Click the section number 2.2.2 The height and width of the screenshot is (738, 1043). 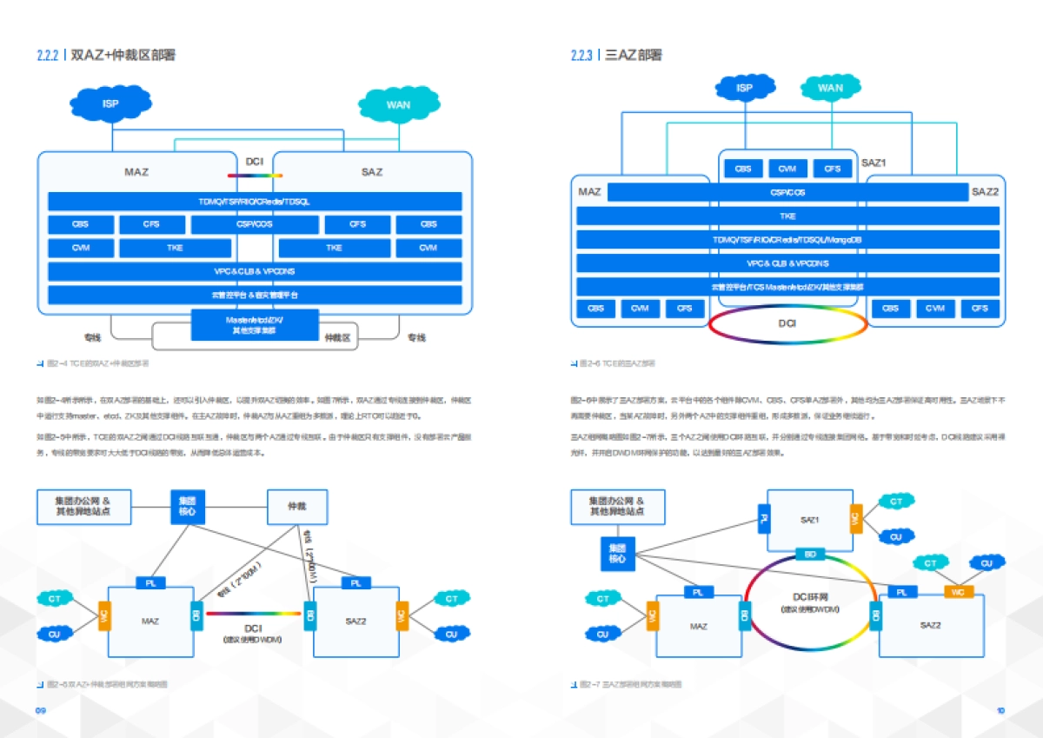point(47,56)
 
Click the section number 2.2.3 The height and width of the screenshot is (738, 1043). point(581,56)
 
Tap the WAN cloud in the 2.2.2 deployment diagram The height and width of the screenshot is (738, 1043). point(398,105)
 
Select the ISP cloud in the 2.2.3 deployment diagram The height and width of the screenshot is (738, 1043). point(744,88)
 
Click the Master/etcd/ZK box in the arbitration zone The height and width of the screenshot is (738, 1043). point(255,325)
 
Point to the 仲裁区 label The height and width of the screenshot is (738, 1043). point(337,337)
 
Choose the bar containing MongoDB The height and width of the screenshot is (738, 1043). point(787,239)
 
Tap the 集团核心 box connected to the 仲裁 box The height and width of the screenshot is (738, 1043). point(188,506)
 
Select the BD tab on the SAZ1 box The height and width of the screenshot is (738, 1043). point(810,554)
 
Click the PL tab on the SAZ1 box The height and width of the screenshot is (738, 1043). point(764,520)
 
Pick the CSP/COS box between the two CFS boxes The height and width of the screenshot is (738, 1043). point(255,224)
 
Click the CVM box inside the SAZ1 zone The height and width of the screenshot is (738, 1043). point(787,169)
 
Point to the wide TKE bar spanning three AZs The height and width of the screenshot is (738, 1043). point(787,216)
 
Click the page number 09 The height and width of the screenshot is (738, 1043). point(40,710)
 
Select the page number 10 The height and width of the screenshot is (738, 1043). point(1000,710)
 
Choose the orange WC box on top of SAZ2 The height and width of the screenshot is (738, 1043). point(958,591)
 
